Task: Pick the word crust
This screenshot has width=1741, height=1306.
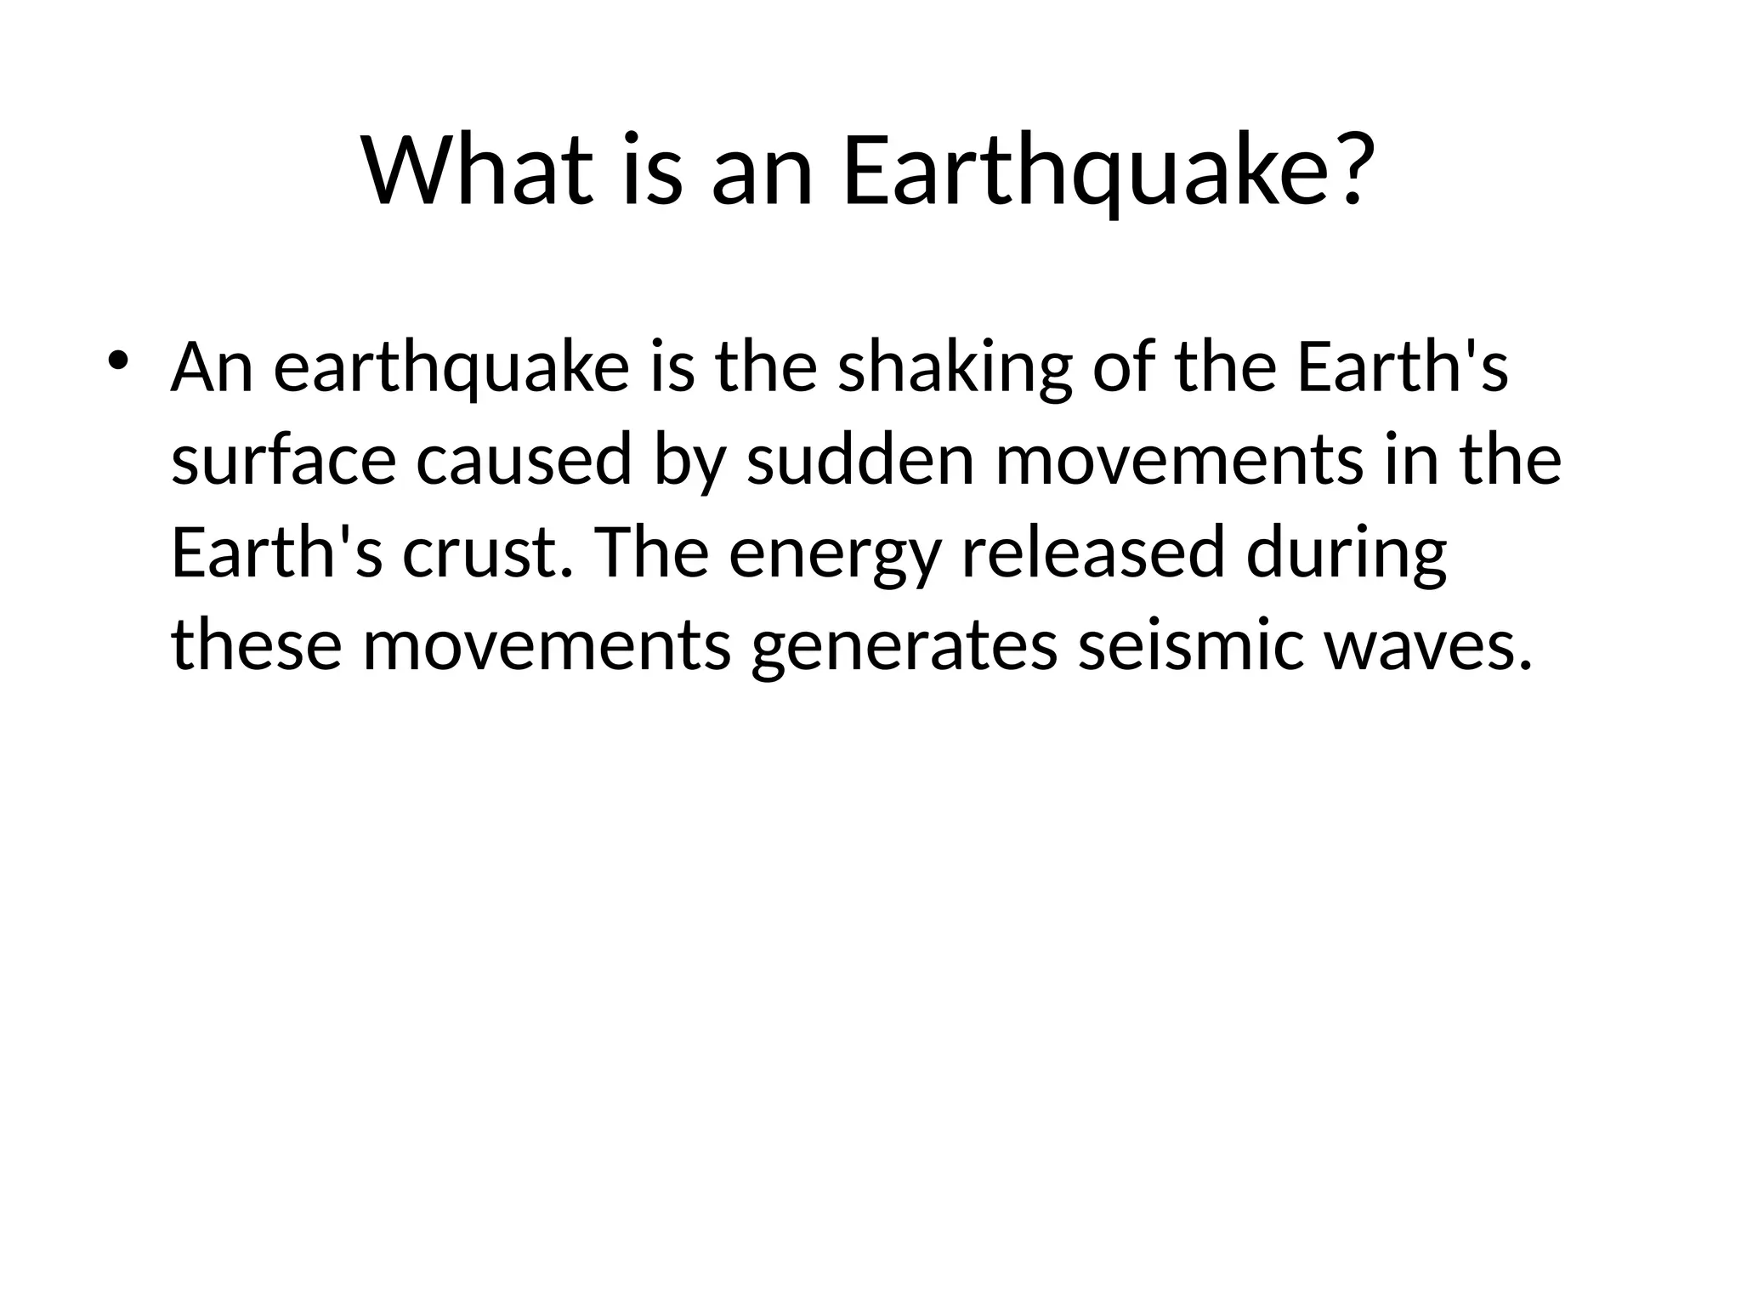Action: pos(485,553)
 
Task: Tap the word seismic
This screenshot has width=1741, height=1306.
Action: pos(1190,644)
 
